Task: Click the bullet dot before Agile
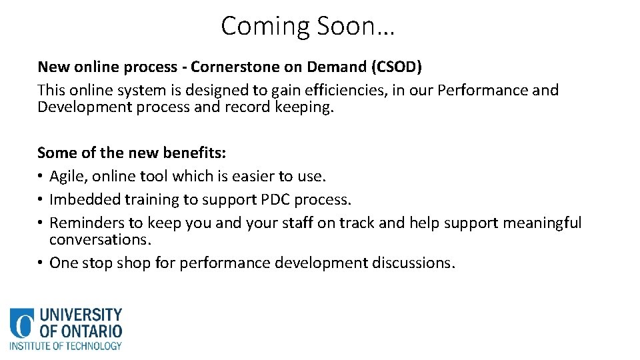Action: [41, 177]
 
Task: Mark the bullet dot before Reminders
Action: [41, 223]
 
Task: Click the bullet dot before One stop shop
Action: [41, 263]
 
